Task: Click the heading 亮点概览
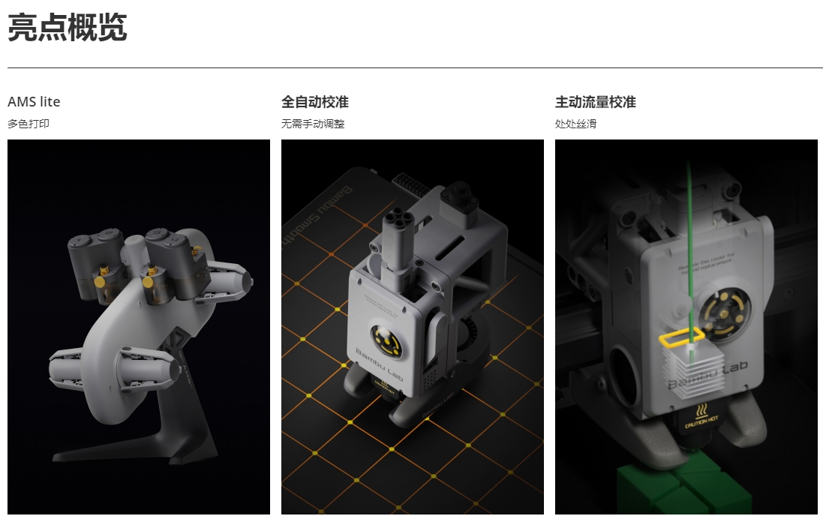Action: pos(68,27)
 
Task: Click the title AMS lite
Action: pos(34,101)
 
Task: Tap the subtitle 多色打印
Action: pos(29,124)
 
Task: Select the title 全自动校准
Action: pos(315,101)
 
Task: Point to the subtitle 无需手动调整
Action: pos(313,124)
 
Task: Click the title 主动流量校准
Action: pos(596,101)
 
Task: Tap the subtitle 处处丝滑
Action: pos(575,124)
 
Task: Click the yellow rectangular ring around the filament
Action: pos(682,338)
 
